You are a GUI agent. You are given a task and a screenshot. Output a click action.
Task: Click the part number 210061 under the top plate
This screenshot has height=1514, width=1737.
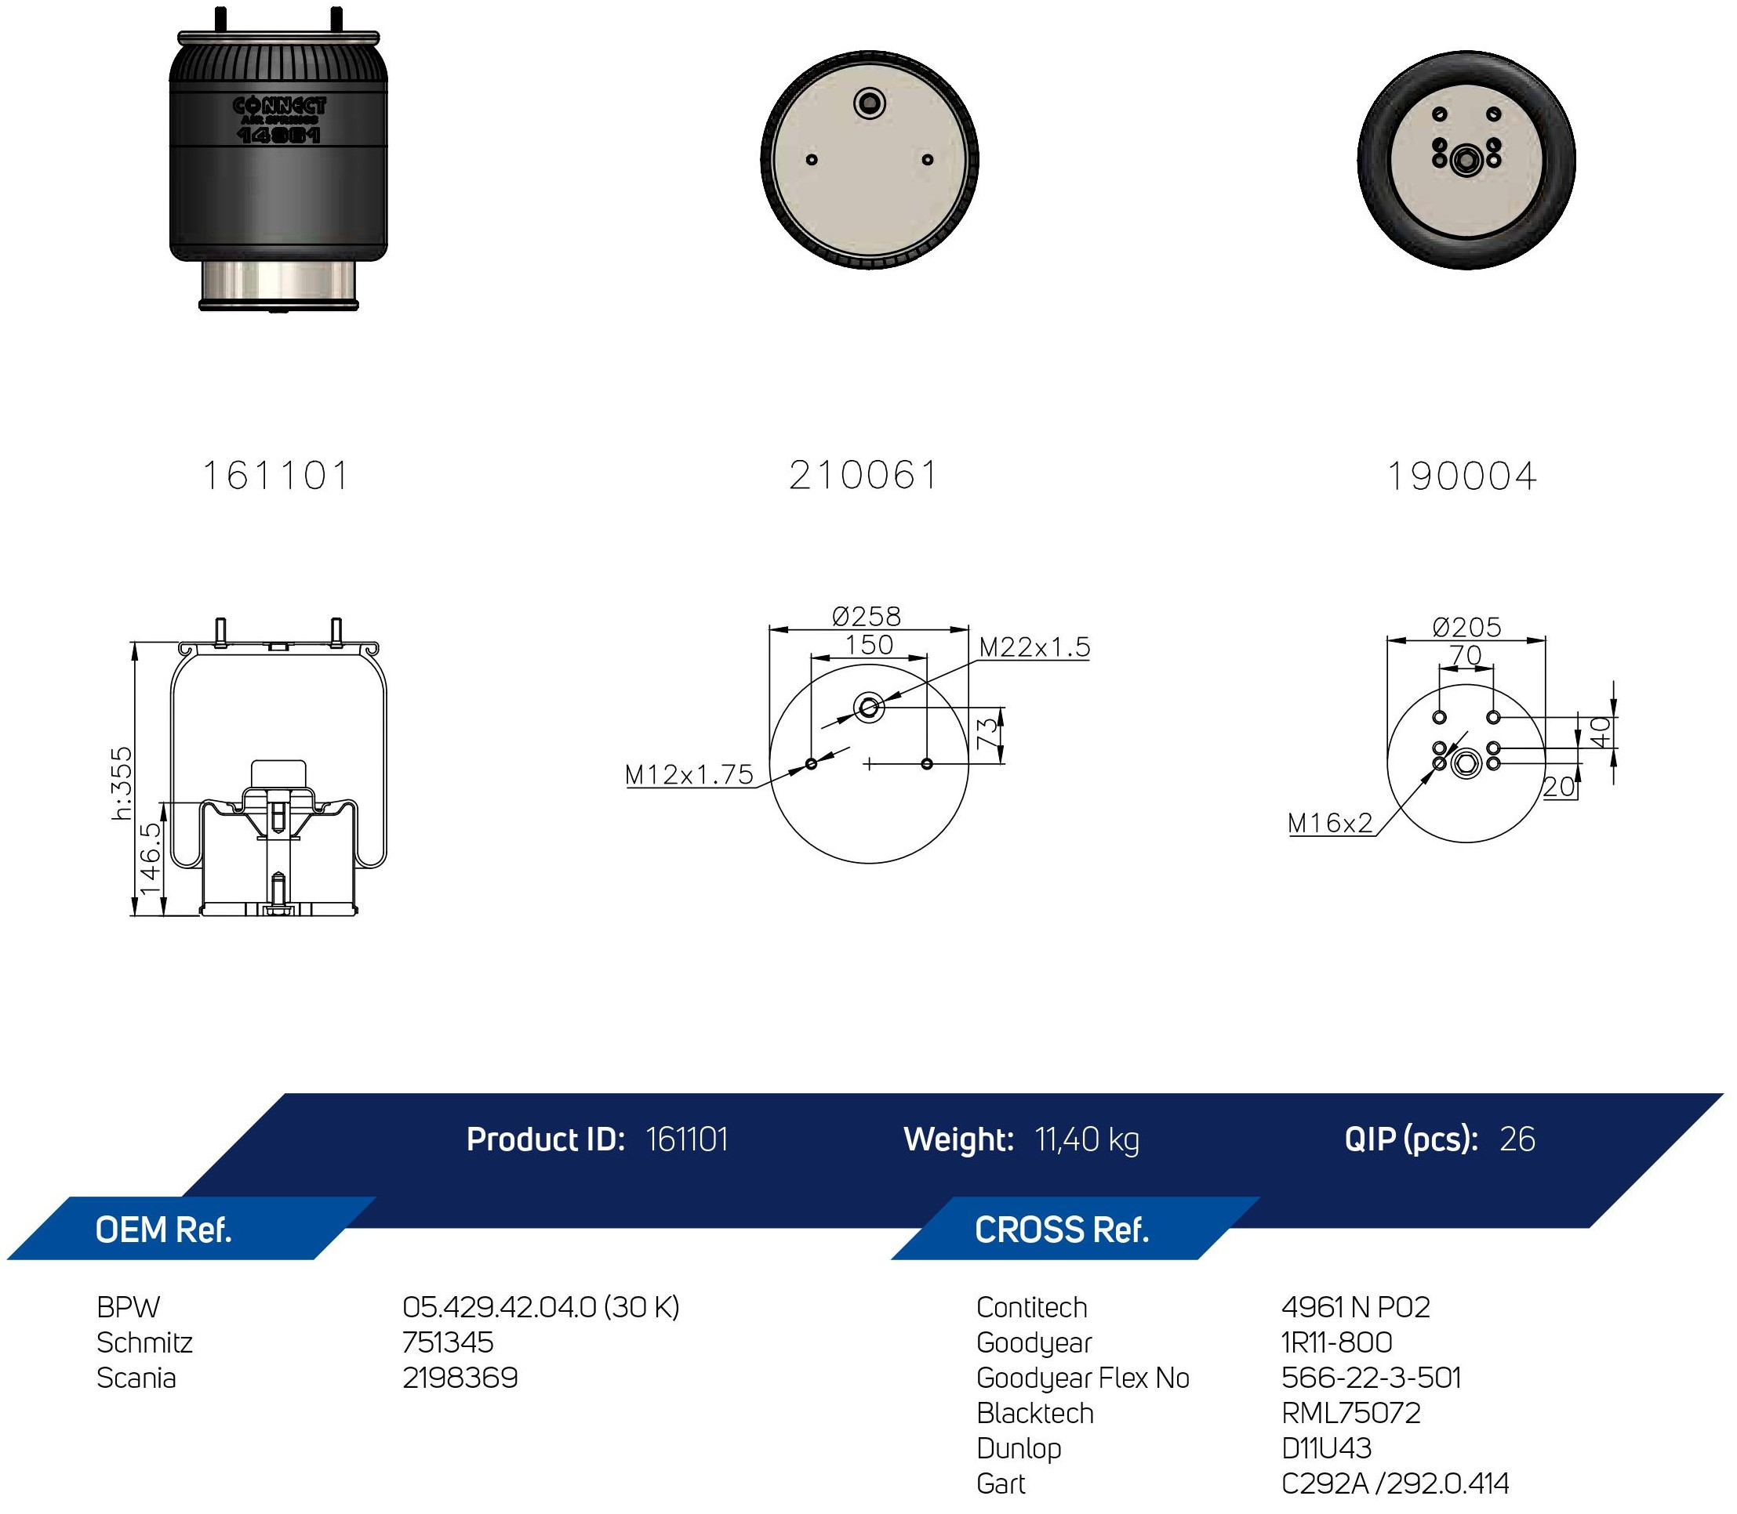(x=863, y=476)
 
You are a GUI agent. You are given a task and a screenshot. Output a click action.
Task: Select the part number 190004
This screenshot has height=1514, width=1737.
(x=1463, y=476)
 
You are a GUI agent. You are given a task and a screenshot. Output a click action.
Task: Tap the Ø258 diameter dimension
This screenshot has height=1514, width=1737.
(x=867, y=616)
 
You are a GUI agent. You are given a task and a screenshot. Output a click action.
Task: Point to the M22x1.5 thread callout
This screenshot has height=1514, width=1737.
(x=1034, y=647)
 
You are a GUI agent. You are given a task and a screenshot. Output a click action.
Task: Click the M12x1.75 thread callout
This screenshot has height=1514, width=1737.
(x=689, y=775)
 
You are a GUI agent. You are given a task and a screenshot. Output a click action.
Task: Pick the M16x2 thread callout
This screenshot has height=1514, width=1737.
(x=1331, y=823)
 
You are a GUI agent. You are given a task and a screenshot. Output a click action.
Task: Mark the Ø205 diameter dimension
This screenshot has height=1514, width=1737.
(x=1467, y=627)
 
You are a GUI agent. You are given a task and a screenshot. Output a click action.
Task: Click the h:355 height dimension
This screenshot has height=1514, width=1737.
(x=122, y=783)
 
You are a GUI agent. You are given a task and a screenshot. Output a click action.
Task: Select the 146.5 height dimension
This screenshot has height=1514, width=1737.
(x=150, y=858)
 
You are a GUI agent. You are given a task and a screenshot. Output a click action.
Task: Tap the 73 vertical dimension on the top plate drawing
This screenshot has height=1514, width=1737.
(x=987, y=733)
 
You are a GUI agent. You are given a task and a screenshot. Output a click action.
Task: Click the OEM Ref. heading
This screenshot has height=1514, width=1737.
(x=163, y=1230)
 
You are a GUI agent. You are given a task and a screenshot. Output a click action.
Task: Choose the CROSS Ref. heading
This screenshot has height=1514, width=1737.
(x=1062, y=1230)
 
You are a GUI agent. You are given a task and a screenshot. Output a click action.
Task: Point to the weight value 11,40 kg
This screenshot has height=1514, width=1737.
(x=1087, y=1139)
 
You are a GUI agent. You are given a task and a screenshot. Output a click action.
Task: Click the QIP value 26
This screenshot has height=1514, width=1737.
(x=1517, y=1139)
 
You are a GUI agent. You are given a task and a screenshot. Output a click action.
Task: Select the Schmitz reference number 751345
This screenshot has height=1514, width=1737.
(x=448, y=1342)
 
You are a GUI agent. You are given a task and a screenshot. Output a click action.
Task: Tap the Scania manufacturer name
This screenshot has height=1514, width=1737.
(x=136, y=1377)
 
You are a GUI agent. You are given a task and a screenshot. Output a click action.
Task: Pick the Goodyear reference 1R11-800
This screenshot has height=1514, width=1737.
(x=1337, y=1342)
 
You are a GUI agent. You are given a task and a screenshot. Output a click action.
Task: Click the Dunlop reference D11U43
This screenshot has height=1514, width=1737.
(x=1326, y=1447)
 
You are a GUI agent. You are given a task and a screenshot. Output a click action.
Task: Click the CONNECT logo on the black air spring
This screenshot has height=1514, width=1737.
(x=279, y=107)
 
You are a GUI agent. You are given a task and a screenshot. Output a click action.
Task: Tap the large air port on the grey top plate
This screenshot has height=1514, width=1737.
(x=869, y=105)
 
